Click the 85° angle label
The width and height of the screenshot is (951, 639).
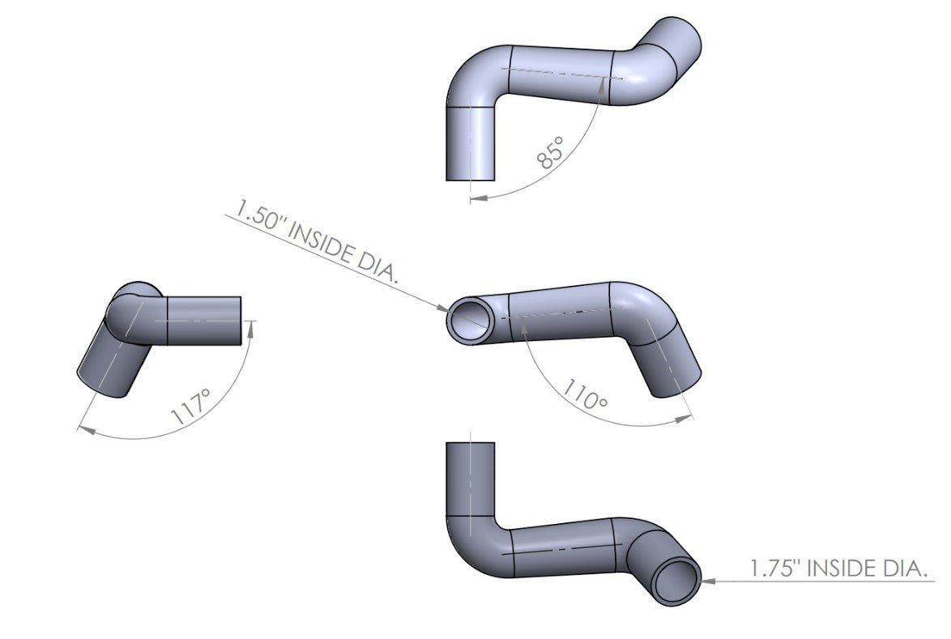coord(550,151)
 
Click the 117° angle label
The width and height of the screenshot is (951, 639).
coord(192,407)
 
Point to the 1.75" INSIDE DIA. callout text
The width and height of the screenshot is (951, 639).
coord(838,569)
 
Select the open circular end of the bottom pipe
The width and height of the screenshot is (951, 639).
coord(677,580)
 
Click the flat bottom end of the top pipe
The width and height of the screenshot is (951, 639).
coord(471,180)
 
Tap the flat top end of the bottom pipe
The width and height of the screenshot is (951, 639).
coord(471,443)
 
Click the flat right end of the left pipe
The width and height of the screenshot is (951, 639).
coord(241,321)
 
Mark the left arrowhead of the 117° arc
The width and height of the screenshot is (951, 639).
coord(83,428)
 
